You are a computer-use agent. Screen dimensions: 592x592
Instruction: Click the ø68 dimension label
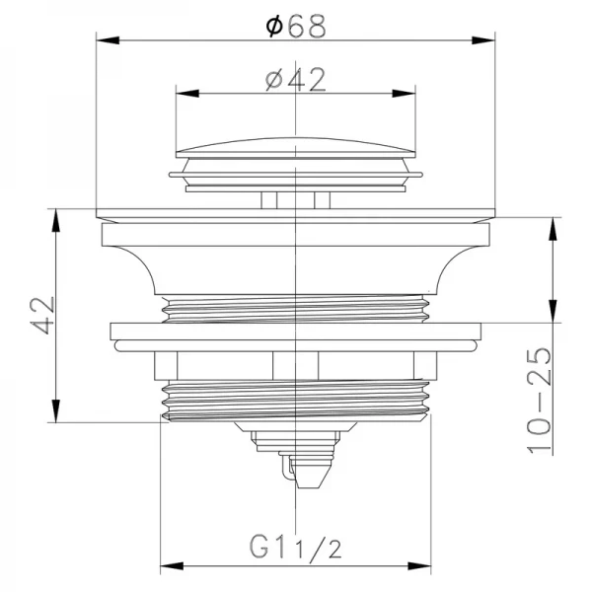(297, 27)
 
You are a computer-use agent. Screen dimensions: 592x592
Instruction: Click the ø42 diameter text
(297, 81)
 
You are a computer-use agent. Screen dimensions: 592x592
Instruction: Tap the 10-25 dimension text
(540, 399)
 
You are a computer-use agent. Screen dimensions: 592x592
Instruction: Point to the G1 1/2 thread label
(295, 546)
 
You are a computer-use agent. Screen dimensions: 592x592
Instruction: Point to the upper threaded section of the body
(297, 308)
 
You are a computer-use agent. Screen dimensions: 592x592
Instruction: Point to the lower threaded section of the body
(297, 401)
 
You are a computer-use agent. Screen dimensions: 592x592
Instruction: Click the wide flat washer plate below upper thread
(297, 333)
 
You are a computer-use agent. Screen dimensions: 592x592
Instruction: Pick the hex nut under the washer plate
(297, 366)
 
